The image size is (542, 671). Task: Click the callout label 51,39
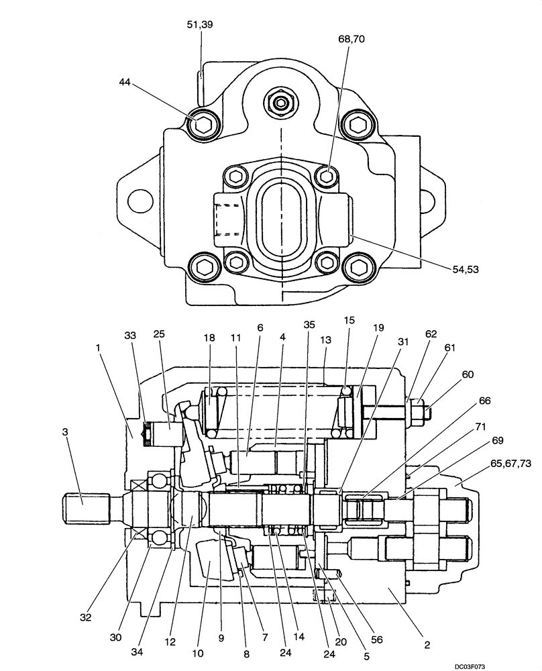coord(200,25)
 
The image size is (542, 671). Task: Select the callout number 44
coord(125,82)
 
